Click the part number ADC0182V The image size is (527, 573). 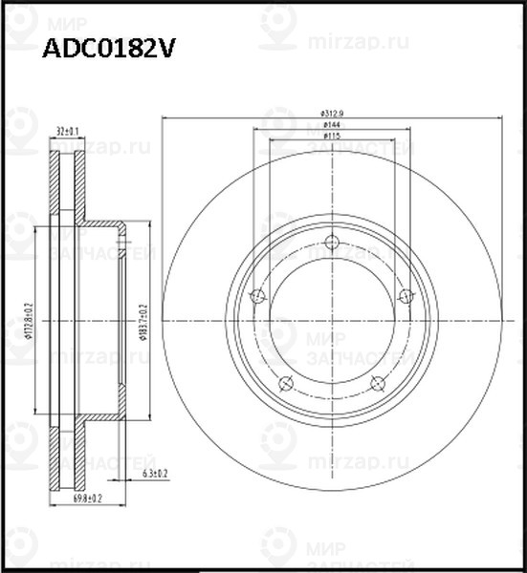107,50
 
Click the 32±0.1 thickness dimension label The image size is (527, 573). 67,131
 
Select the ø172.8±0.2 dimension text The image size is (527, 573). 29,321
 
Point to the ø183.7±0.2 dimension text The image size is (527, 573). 143,321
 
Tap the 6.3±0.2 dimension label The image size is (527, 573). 155,474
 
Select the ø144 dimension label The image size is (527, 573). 332,125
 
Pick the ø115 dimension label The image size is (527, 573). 332,138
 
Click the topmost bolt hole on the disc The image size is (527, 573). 332,242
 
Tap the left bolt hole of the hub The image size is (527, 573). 256,296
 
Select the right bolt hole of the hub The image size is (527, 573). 406,295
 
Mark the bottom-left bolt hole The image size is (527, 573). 285,383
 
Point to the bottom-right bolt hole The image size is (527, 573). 378,383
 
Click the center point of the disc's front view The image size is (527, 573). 332,322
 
